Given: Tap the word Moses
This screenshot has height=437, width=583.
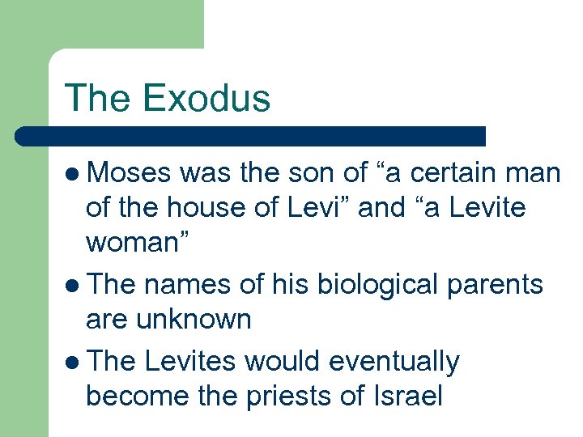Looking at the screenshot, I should click(130, 174).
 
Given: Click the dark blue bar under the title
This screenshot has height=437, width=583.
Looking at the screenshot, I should click(251, 136).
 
